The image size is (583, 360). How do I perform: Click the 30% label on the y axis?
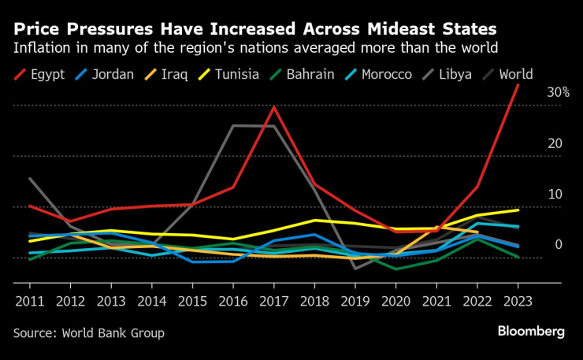[x=558, y=92]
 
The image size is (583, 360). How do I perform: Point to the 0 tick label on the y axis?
[x=559, y=245]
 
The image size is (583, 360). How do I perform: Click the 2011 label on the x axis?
[x=29, y=301]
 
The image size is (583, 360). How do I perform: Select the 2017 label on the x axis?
[x=273, y=301]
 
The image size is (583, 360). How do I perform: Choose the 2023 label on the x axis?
[x=517, y=301]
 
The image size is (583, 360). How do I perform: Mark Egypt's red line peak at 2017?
[x=273, y=107]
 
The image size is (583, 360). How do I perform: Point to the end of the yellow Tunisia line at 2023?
[x=518, y=210]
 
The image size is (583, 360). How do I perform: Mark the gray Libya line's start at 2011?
[x=29, y=179]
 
